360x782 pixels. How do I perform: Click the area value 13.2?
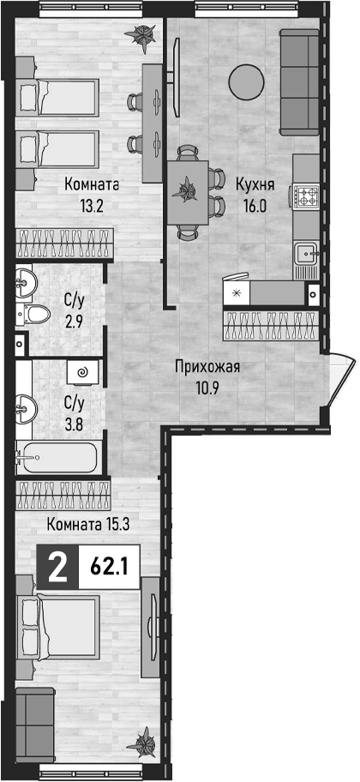coord(92,205)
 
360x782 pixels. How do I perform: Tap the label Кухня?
coord(255,185)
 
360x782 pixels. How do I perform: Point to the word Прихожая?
coord(207,368)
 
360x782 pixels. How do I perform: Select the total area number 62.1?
coord(108,567)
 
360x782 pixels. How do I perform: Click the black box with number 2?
coord(57,567)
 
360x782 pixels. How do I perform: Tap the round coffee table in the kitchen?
coord(246,81)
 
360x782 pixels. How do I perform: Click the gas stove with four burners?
coord(306,195)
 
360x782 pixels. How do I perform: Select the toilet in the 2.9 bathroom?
coord(33,314)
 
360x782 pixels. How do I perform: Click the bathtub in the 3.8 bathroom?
coord(56,457)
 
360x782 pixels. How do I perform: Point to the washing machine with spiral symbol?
coord(83,371)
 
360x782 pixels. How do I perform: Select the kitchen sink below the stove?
coord(306,254)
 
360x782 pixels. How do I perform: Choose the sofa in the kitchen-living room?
coord(299,82)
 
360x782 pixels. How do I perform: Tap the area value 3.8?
coord(75,412)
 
